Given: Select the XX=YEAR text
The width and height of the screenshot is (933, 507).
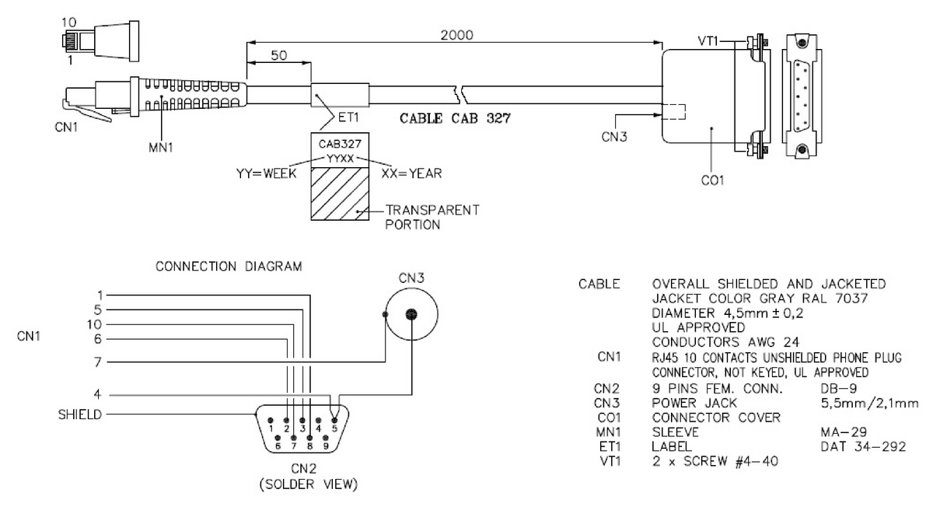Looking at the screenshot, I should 411,173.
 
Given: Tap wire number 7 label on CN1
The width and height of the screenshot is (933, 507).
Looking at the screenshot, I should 98,362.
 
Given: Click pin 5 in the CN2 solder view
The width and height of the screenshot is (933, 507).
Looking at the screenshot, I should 334,426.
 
